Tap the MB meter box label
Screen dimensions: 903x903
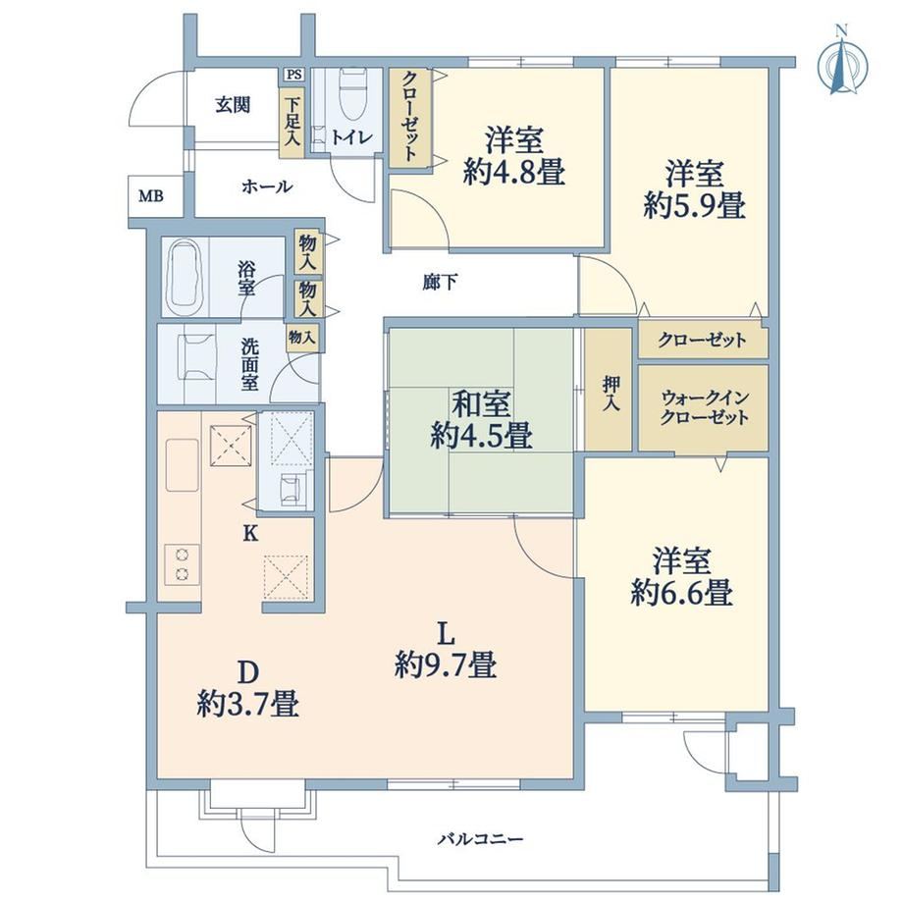(x=151, y=196)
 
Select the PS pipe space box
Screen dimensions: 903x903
(x=294, y=75)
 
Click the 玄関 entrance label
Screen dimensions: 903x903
(x=233, y=105)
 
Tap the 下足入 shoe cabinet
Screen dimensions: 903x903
(x=292, y=122)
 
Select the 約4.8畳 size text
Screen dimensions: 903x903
(x=513, y=171)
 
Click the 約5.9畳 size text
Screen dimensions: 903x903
(x=694, y=205)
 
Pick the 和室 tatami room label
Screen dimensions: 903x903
(x=481, y=403)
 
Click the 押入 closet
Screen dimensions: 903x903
(x=609, y=390)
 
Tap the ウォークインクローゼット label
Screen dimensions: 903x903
(x=705, y=407)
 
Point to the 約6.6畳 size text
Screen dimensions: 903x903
(x=681, y=592)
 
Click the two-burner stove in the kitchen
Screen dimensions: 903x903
(x=183, y=563)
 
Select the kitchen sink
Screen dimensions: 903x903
(x=183, y=465)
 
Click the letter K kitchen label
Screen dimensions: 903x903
(x=250, y=534)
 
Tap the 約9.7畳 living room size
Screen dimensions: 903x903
(x=446, y=664)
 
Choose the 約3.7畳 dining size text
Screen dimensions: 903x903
(x=248, y=704)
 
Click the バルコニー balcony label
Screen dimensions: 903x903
(x=480, y=839)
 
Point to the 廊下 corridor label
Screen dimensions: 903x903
(x=441, y=283)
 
